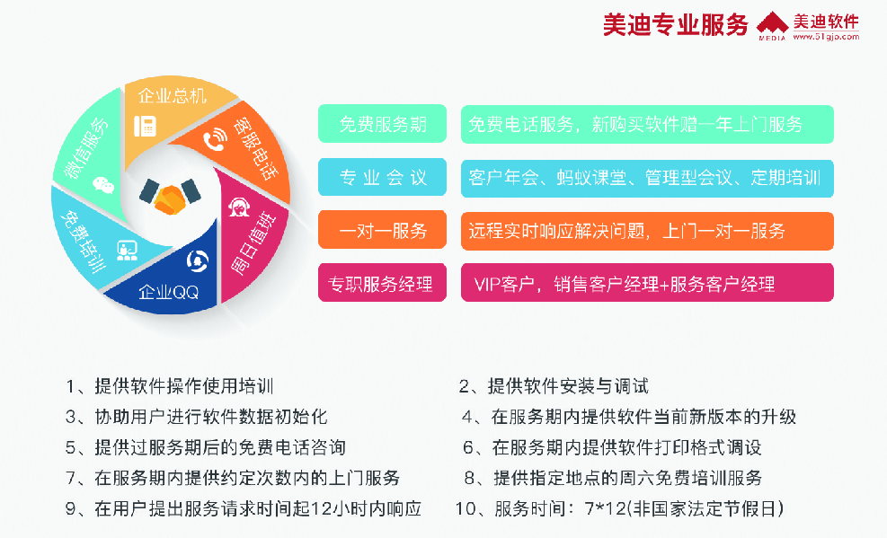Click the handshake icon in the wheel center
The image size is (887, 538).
(170, 196)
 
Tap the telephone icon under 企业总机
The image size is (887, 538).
(145, 126)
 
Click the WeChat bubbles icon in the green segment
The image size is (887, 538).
(103, 184)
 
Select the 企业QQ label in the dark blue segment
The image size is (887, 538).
(169, 292)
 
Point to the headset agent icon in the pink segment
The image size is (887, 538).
(239, 207)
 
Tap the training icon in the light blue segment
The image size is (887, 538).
(127, 251)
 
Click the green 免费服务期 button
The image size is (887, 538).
(383, 124)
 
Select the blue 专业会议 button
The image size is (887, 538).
(383, 178)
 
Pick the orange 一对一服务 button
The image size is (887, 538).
(383, 230)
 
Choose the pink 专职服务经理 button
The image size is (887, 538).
(383, 283)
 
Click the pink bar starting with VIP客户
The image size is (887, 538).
(647, 283)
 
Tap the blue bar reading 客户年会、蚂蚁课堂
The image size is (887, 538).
(647, 178)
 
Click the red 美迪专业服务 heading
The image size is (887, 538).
(676, 25)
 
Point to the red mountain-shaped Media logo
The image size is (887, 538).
(772, 25)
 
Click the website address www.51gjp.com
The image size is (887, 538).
(826, 37)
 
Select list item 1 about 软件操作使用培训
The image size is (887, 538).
(170, 386)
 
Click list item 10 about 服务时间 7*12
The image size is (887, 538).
(620, 508)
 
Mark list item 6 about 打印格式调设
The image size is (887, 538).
(612, 447)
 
